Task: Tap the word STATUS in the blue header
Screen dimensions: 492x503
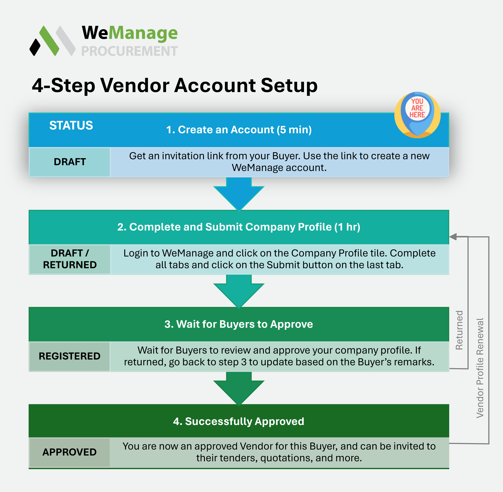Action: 71,126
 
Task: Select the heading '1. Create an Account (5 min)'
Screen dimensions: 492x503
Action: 239,130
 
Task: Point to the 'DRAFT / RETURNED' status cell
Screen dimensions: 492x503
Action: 70,259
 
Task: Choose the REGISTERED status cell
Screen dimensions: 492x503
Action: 70,356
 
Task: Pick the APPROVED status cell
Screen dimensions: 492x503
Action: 70,452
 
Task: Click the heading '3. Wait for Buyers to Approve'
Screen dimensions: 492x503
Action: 239,324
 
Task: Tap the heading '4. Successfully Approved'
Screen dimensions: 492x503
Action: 239,421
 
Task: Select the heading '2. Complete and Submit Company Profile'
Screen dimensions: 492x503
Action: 239,227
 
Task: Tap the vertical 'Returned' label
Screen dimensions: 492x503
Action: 459,330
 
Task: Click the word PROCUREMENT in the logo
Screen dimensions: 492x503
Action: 130,51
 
